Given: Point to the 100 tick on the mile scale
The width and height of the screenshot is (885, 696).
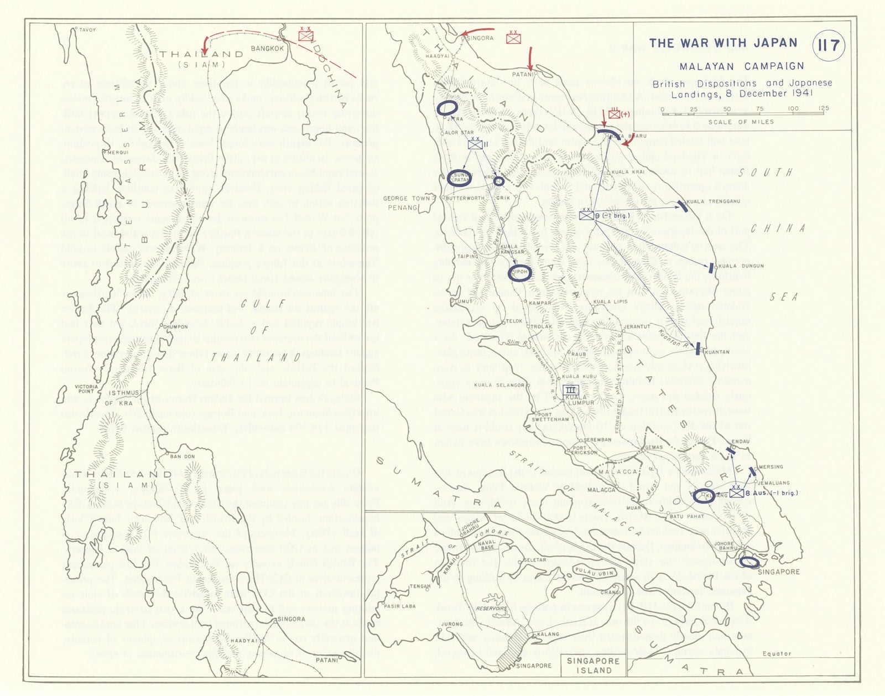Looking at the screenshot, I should (793, 109).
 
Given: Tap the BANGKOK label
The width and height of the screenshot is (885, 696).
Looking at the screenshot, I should (267, 49).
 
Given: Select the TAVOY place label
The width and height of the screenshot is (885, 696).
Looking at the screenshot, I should (87, 30).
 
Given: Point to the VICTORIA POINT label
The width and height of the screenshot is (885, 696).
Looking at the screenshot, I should (86, 389).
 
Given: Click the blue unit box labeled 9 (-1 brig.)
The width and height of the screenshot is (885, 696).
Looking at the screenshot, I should (587, 216).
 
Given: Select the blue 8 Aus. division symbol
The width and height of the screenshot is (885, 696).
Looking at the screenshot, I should (736, 492).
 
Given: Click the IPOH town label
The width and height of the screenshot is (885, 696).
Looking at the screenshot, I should (521, 272).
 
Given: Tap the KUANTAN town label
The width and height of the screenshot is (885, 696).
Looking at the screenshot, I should (717, 352).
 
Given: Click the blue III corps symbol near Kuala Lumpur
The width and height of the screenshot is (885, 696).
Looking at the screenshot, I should (571, 389).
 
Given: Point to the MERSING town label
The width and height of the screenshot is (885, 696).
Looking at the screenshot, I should (770, 467).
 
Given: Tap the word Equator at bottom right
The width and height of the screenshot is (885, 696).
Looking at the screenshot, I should (776, 653).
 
